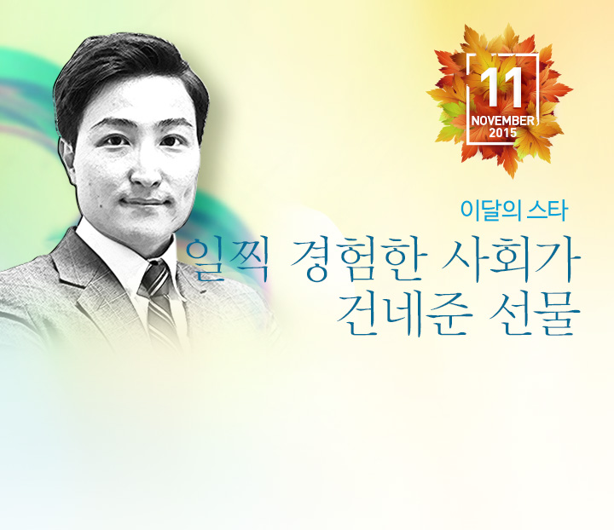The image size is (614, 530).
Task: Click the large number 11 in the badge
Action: click(x=501, y=88)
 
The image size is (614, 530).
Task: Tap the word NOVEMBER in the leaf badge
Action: click(x=502, y=121)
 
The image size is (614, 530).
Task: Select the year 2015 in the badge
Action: click(x=503, y=133)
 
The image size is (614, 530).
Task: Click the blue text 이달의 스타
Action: click(x=513, y=210)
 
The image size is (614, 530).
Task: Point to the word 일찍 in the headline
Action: click(x=227, y=260)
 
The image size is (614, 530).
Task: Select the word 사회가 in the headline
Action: click(x=511, y=260)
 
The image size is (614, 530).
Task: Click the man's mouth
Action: click(x=144, y=202)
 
